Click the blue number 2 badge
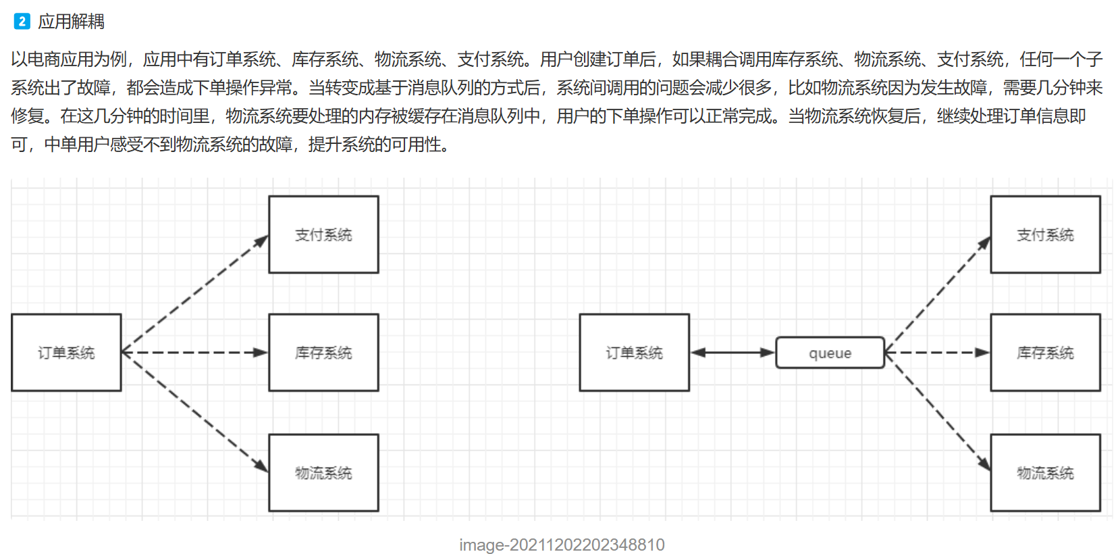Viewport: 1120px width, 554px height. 22,22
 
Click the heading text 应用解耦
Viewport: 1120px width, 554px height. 71,22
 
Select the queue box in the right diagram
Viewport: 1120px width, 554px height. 830,353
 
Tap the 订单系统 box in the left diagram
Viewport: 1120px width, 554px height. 66,353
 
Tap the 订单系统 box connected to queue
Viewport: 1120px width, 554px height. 634,353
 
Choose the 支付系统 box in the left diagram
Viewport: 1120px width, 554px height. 323,234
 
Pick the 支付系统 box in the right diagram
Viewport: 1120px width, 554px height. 1045,234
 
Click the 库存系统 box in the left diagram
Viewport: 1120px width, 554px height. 323,353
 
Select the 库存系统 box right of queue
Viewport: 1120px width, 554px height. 1045,353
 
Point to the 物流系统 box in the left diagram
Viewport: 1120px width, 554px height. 323,473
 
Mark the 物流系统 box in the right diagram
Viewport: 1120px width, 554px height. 1045,473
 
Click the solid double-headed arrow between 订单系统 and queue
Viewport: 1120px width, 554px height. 732,353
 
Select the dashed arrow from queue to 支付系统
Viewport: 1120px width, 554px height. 938,294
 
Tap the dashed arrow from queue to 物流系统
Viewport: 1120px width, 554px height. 938,411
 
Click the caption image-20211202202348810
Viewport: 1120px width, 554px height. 562,545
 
